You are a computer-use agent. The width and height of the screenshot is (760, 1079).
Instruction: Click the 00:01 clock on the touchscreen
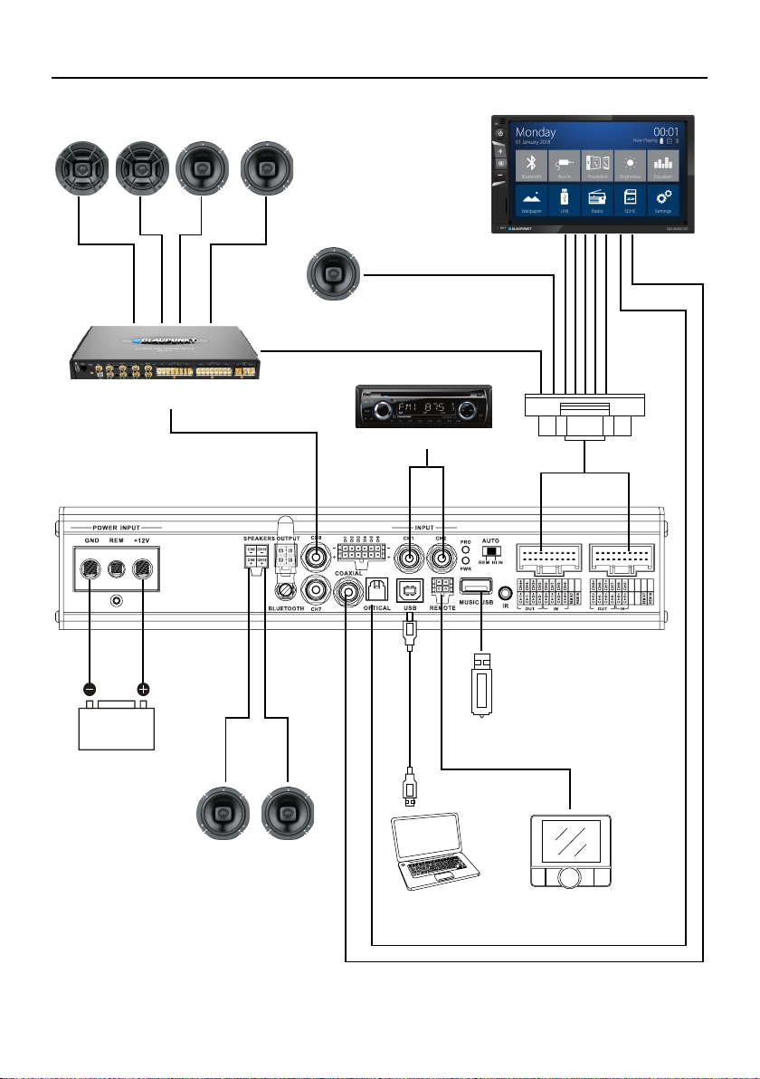pos(665,132)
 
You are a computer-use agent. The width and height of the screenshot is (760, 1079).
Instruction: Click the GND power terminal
pos(90,569)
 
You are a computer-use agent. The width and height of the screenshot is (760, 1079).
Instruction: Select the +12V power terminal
pos(143,569)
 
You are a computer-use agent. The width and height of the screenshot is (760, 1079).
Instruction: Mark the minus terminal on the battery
pos(90,689)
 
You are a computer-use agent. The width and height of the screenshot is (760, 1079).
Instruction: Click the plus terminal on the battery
pos(143,689)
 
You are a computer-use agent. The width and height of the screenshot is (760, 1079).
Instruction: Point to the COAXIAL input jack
pos(347,593)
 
